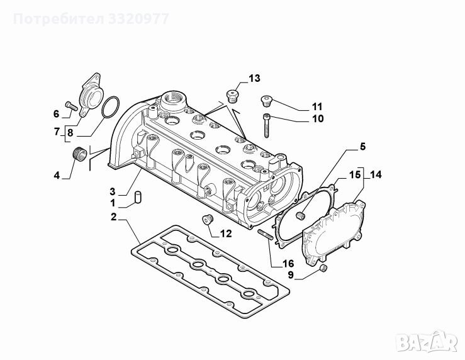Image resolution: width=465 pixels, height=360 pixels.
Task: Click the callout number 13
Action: (x=254, y=78)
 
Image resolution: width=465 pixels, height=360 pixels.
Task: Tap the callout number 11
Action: (x=317, y=106)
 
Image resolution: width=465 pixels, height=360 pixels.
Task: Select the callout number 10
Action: (x=318, y=118)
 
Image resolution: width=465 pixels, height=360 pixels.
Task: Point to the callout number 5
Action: (x=363, y=147)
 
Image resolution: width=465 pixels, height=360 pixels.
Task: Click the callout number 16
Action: (x=288, y=263)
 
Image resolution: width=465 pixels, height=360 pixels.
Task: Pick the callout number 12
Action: (x=226, y=233)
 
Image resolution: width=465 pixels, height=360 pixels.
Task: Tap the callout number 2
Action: (x=114, y=217)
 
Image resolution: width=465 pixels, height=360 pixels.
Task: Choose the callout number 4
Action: (x=57, y=175)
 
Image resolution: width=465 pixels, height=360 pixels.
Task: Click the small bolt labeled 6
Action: (x=71, y=106)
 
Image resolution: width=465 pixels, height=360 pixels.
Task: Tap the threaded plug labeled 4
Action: (x=79, y=154)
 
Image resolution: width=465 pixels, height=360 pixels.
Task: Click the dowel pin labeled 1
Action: (x=138, y=198)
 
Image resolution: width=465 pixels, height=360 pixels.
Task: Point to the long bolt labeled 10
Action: (x=266, y=126)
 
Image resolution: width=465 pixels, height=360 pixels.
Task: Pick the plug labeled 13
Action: (x=233, y=96)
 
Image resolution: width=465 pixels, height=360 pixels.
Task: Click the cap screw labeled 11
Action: (x=267, y=101)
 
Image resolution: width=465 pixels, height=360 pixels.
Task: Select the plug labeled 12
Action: (x=208, y=220)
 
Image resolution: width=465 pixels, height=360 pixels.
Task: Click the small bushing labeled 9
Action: (x=323, y=268)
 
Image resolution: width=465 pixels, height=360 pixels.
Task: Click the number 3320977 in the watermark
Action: (x=138, y=19)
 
